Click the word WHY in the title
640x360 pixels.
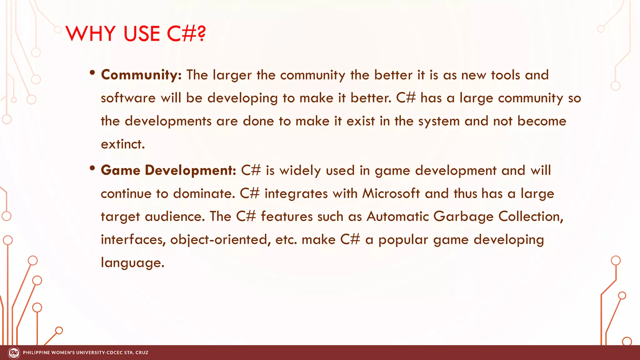(91, 33)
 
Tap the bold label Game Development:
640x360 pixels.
(168, 170)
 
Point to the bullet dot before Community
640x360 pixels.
(92, 73)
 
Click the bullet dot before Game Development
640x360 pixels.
(92, 168)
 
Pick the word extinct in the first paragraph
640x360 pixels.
(123, 144)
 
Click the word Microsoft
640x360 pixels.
(391, 193)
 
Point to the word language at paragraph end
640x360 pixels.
(132, 263)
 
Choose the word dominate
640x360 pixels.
(204, 193)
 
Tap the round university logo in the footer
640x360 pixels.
(14, 353)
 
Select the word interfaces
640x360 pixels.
(133, 240)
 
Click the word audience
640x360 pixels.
(175, 217)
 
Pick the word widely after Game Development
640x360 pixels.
(300, 171)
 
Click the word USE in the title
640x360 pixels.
(142, 33)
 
